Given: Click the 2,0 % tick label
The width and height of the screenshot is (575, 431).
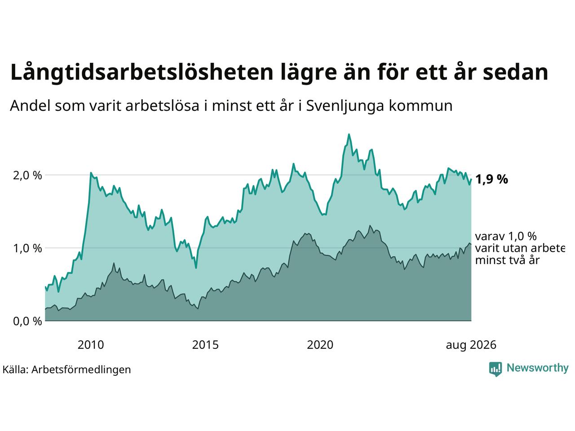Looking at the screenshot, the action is pos(27,176).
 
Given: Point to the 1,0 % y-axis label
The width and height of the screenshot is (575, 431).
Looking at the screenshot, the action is pos(27,248).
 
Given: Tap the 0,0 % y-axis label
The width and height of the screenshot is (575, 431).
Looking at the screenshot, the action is pos(27,321).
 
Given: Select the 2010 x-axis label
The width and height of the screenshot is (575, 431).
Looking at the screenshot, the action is pos(91,345).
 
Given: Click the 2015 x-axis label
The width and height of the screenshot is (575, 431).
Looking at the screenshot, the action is pos(205,345).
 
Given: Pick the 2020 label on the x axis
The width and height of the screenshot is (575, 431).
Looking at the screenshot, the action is pos(320,345).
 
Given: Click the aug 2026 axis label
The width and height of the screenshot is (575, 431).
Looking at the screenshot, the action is pos(471,345).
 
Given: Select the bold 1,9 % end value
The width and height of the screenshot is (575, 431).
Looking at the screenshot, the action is pos(491,180).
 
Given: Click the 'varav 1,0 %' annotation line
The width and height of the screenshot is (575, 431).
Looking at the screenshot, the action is pos(506,237).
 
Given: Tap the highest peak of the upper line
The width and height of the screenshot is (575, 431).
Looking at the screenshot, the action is pos(349,135).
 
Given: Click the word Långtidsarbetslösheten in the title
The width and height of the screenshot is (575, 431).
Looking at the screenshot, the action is pos(142,73).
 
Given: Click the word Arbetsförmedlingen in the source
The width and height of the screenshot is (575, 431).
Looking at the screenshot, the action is pos(81,370).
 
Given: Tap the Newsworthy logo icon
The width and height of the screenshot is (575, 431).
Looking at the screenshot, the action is pos(495,369).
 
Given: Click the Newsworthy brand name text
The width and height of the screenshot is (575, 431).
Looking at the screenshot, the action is pos(538,368).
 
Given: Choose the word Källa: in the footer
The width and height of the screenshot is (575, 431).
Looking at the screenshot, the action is pos(15,369).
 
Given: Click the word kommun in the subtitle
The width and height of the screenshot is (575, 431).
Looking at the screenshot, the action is pos(420,106).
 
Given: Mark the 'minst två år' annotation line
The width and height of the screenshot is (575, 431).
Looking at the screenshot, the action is pos(508,260).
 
